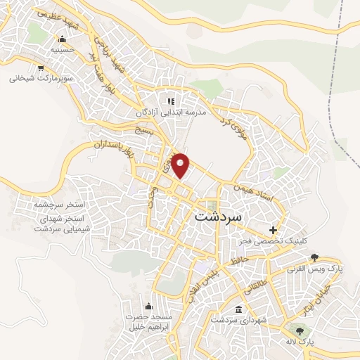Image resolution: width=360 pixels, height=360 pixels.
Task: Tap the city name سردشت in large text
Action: pyautogui.click(x=217, y=216)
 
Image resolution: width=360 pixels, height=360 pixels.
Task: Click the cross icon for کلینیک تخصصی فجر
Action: pyautogui.click(x=274, y=230)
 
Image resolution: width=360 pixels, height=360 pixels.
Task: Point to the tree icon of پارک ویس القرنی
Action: pyautogui.click(x=313, y=257)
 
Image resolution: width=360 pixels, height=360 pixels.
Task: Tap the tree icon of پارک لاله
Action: pyautogui.click(x=302, y=330)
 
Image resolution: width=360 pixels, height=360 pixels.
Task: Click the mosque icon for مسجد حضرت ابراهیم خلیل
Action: pyautogui.click(x=148, y=306)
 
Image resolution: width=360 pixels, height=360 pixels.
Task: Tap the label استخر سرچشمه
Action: pyautogui.click(x=59, y=205)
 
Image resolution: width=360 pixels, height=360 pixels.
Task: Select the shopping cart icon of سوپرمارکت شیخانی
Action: pyautogui.click(x=41, y=68)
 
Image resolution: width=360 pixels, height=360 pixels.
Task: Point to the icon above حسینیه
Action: pyautogui.click(x=63, y=39)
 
